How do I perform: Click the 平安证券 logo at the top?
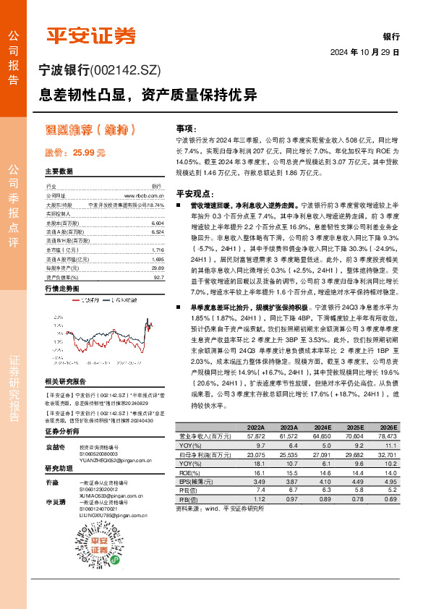90,35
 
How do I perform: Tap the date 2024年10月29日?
375,53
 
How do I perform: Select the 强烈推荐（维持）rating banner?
90,131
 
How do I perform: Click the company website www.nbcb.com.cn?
149,196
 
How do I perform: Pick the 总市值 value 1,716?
158,250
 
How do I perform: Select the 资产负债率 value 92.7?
159,277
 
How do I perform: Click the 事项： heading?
187,127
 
